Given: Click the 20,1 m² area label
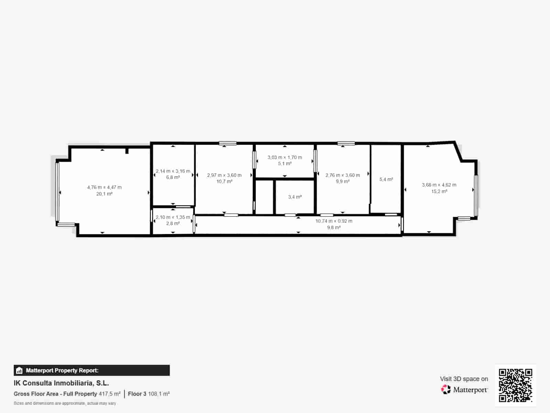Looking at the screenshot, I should [104, 194].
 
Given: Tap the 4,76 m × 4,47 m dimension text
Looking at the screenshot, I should [104, 188].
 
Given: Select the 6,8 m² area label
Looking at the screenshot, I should [173, 177].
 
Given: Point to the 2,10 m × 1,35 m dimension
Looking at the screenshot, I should [173, 217].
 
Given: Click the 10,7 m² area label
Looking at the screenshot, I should [224, 181].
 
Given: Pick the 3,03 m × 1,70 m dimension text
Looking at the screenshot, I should [285, 157].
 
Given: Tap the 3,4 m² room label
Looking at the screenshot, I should [295, 197].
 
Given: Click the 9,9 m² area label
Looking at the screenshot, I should [342, 181].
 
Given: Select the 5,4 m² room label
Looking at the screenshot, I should [386, 179].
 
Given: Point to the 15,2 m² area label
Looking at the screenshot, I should [439, 191].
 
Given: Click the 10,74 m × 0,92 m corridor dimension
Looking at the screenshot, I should [334, 221].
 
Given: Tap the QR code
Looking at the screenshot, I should [515, 385].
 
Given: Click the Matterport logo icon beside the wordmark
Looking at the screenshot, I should [446, 390].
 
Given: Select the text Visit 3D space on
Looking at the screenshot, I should [464, 379].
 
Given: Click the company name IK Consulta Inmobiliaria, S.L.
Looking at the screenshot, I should [61, 383].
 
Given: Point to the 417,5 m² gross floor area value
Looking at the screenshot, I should [110, 394].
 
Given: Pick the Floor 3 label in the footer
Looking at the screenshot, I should [137, 394].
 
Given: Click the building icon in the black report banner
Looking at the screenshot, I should [19, 371].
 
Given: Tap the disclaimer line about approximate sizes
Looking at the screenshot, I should [65, 403].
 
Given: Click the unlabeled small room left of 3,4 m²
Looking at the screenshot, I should [264, 197].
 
